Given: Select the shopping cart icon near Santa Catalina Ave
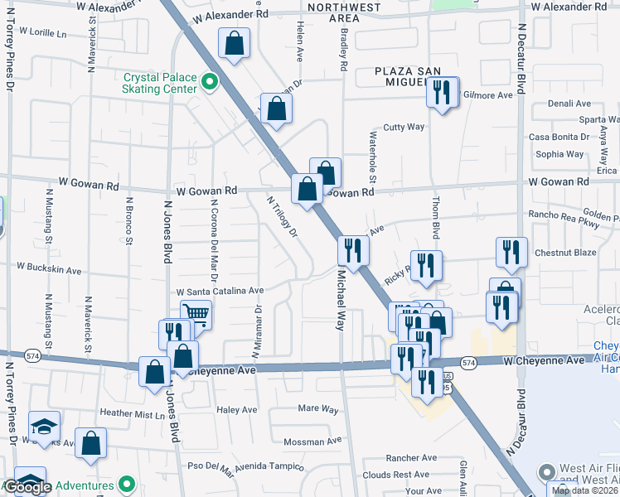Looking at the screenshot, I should (x=195, y=314).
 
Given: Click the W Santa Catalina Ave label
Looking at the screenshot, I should (x=220, y=292).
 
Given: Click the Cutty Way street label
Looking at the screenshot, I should (x=404, y=128).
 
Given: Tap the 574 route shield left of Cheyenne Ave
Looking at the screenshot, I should (x=31, y=355).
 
